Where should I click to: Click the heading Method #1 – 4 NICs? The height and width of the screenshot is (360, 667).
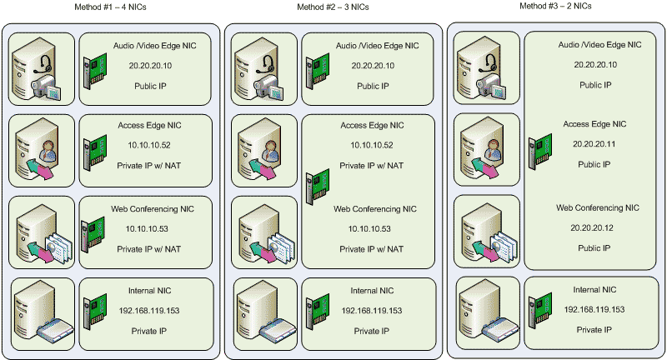[x=111, y=7]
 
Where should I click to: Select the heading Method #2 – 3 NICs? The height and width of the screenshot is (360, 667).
[x=333, y=7]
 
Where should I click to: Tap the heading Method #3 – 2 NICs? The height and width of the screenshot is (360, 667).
[x=556, y=6]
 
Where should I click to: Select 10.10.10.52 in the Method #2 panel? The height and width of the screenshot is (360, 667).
[x=372, y=145]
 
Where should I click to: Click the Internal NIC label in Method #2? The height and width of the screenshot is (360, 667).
[x=372, y=291]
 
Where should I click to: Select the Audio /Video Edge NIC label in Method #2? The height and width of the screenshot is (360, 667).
[x=372, y=45]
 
